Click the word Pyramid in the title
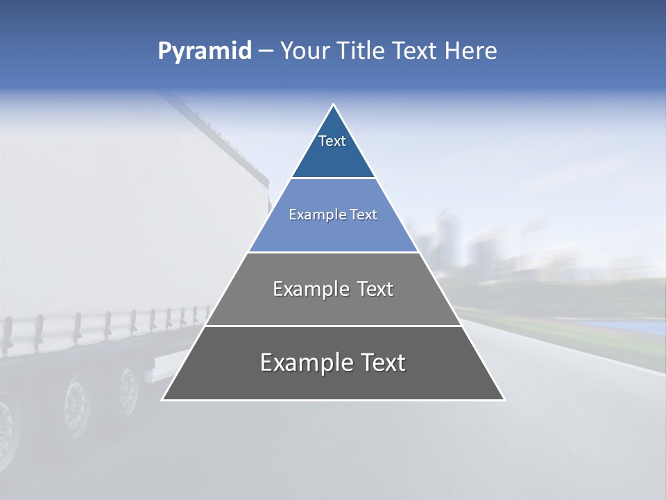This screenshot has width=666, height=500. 204,51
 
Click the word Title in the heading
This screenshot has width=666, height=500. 361,51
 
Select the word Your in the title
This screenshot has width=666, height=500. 305,51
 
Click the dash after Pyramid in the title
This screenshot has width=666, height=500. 266,51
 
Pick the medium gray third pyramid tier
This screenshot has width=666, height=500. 333,306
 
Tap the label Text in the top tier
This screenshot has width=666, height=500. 332,141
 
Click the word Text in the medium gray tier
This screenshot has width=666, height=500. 371,289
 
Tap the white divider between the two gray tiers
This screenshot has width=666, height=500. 333,326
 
